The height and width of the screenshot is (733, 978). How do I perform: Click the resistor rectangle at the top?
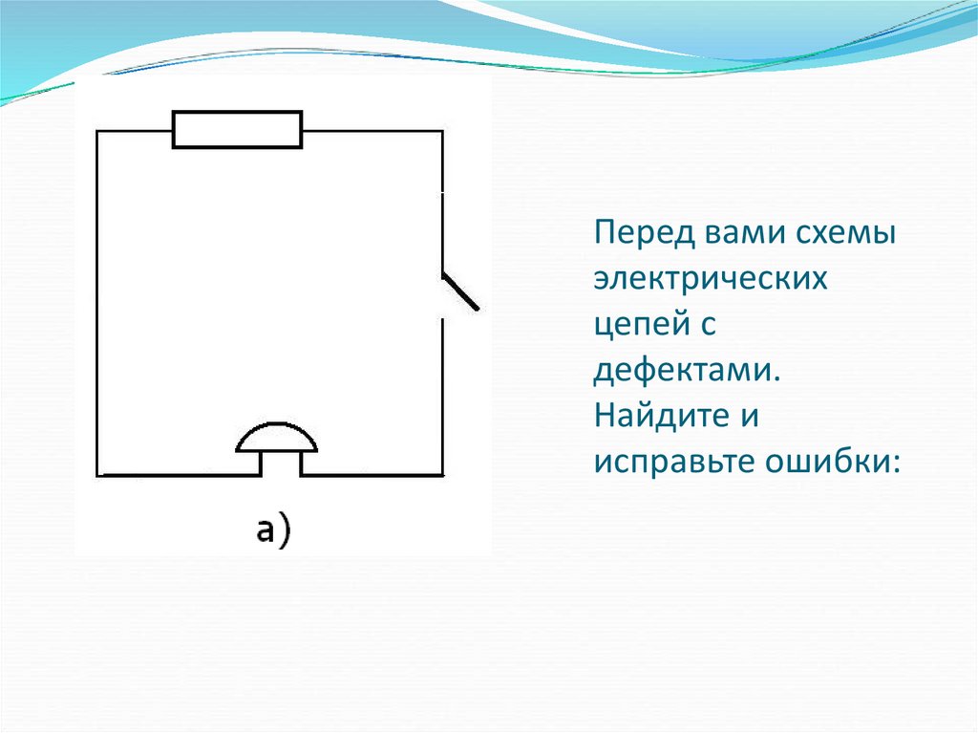pyautogui.click(x=237, y=130)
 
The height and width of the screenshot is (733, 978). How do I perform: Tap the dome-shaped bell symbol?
pyautogui.click(x=277, y=440)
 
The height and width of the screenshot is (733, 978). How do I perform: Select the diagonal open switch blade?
pyautogui.click(x=460, y=291)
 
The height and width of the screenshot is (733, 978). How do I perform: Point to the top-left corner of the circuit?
pyautogui.click(x=97, y=131)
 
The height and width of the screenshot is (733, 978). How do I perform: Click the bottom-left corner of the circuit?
pyautogui.click(x=97, y=475)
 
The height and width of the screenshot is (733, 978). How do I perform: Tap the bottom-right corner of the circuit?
pyautogui.click(x=442, y=475)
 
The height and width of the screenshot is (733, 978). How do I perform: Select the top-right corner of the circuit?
pyautogui.click(x=442, y=131)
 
